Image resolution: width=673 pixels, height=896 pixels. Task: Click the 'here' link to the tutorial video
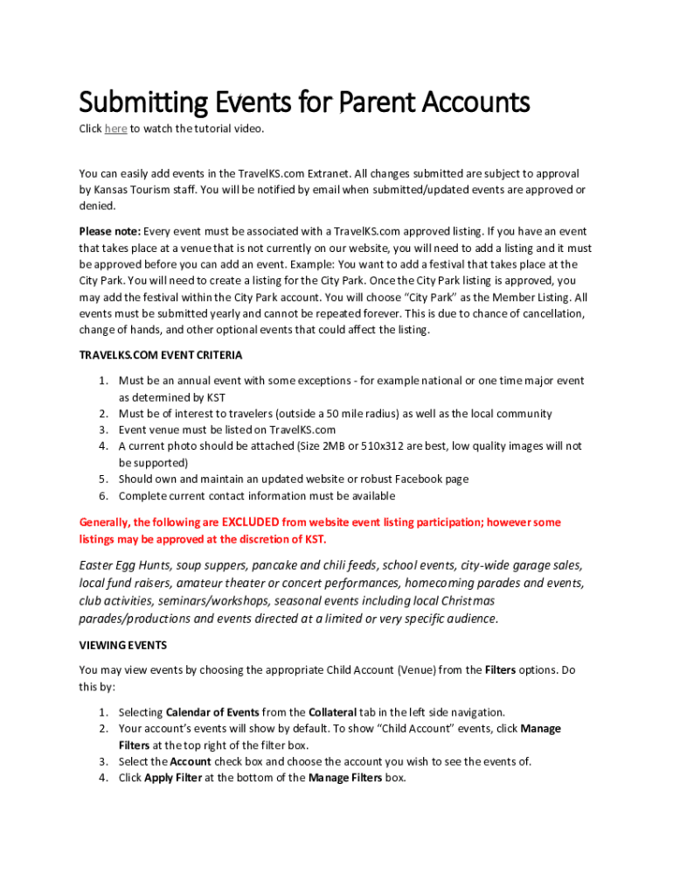pyautogui.click(x=115, y=129)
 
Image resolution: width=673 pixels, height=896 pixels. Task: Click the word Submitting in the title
pyautogui.click(x=143, y=103)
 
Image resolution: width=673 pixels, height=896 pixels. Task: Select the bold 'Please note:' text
pyautogui.click(x=109, y=231)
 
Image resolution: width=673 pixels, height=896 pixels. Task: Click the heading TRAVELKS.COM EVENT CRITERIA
pyautogui.click(x=161, y=355)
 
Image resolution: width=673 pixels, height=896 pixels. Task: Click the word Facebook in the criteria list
pyautogui.click(x=407, y=479)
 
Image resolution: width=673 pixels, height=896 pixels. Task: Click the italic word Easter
pyautogui.click(x=98, y=564)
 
